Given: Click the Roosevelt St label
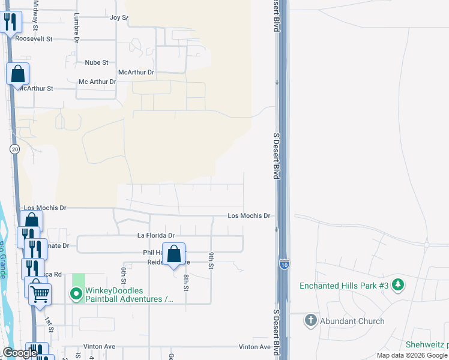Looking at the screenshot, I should tap(34, 38).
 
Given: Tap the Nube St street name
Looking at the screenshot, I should tap(96, 62).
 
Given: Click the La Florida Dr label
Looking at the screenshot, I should tap(155, 236).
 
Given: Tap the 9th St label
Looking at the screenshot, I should tap(212, 260).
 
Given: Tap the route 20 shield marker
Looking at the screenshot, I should tap(13, 149).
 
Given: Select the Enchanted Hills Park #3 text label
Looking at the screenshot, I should tap(344, 286).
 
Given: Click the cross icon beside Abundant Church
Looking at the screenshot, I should tap(310, 320).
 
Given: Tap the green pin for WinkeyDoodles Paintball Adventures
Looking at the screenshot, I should tap(76, 294).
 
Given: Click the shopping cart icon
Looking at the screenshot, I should tap(40, 295).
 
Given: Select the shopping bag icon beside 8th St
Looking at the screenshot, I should tap(173, 254).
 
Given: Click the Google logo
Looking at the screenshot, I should tap(20, 353).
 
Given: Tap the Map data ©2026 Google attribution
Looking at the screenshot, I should tap(411, 355).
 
